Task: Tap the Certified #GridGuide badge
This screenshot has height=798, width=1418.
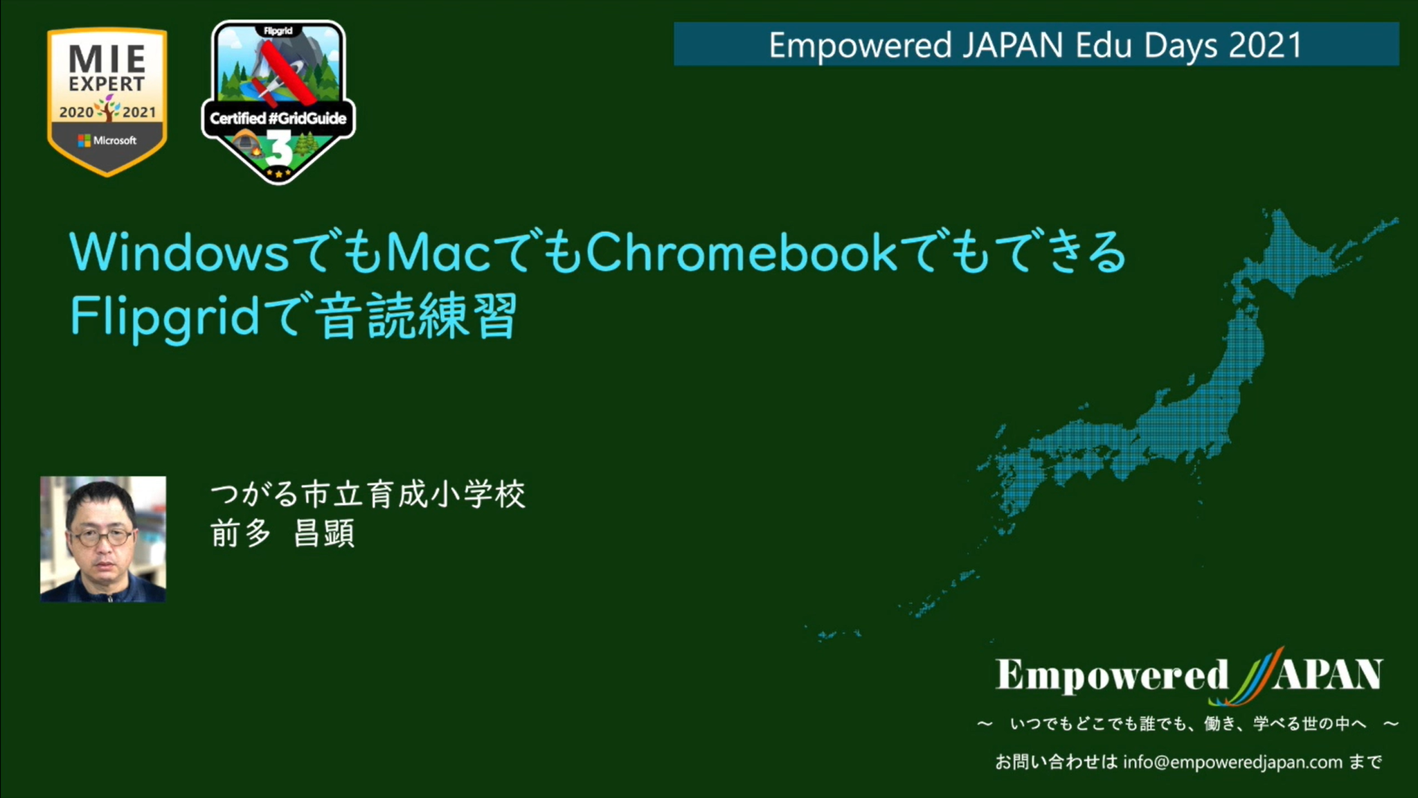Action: [278, 102]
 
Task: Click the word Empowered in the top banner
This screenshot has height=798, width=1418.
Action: [860, 46]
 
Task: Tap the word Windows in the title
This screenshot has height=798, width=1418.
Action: [179, 252]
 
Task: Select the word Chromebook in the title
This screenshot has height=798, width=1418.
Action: [742, 252]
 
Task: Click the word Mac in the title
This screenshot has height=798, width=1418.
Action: [438, 252]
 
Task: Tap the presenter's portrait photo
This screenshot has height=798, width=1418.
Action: [103, 539]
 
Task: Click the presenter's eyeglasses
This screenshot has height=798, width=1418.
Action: [102, 537]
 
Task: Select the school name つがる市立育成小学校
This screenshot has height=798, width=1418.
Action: [368, 495]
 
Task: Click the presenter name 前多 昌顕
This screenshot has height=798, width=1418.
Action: [282, 533]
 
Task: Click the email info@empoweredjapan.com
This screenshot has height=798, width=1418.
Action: [1232, 763]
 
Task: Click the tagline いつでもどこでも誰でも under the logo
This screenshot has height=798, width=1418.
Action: [1095, 724]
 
